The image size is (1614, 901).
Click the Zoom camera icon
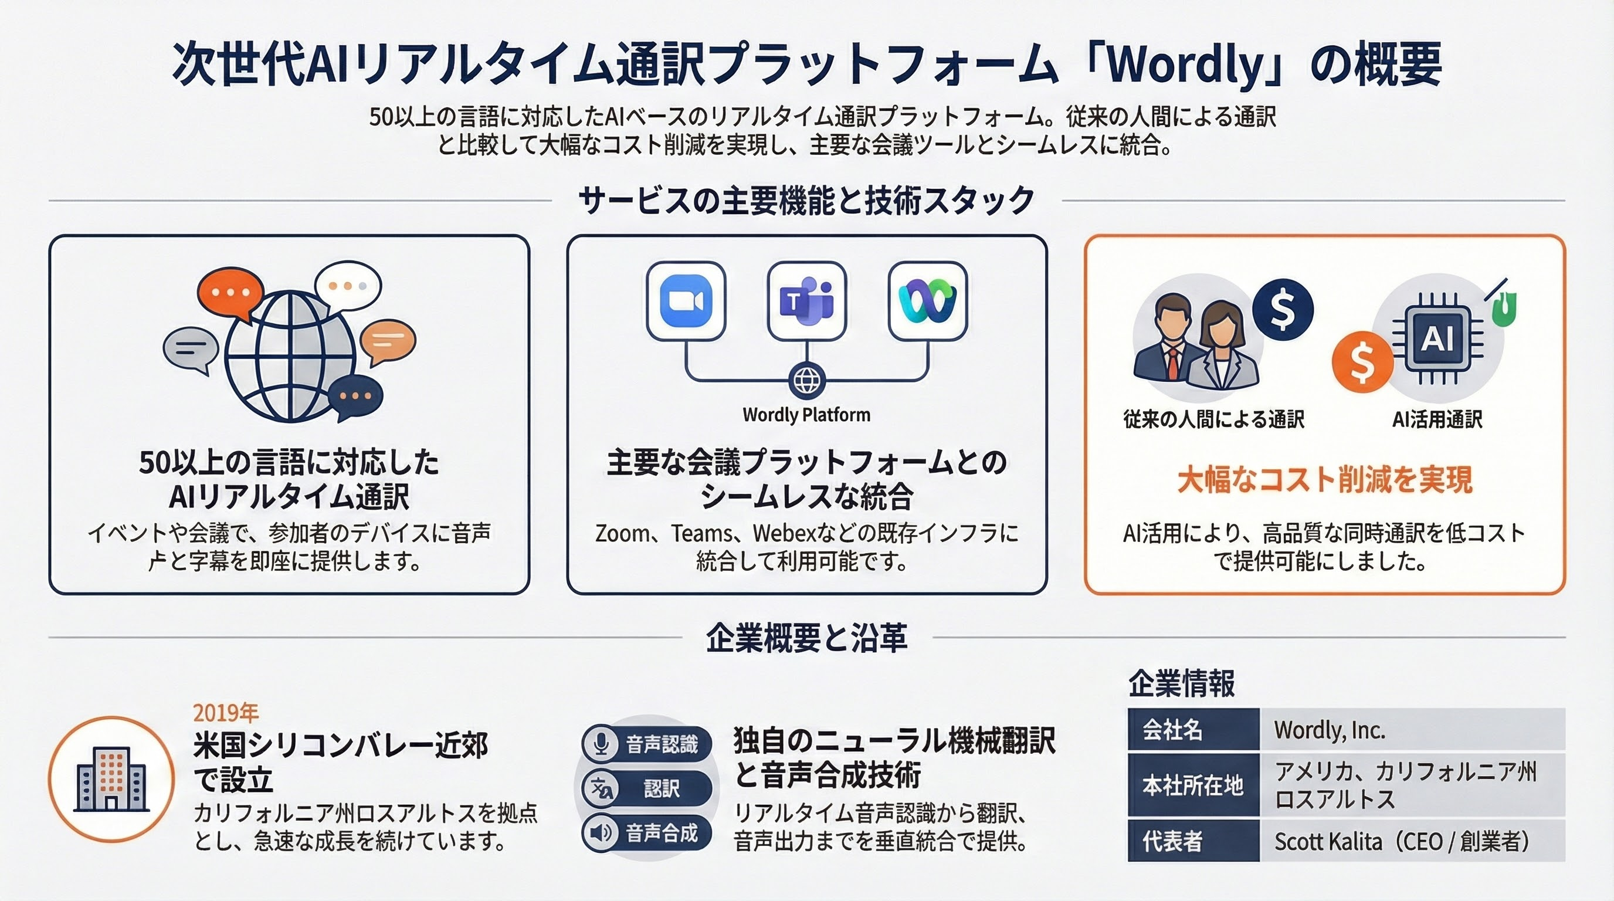click(x=686, y=302)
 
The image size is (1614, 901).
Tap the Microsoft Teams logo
click(x=807, y=302)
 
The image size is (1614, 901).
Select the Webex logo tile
click(x=928, y=302)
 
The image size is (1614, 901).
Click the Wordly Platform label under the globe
click(x=806, y=415)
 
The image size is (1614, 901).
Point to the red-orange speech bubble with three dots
click(x=229, y=295)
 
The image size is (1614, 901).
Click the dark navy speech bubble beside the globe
click(x=355, y=398)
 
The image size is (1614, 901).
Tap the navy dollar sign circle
click(x=1283, y=310)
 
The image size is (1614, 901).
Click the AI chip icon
click(x=1437, y=339)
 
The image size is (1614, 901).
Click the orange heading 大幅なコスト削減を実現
click(x=1324, y=480)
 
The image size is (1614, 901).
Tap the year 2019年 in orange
click(x=226, y=712)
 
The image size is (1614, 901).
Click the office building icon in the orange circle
click(x=111, y=779)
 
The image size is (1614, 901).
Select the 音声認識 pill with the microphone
click(x=647, y=744)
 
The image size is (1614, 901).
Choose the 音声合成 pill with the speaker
click(x=647, y=833)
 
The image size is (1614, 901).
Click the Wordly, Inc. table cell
click(x=1412, y=729)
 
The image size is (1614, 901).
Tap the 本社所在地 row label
click(x=1193, y=785)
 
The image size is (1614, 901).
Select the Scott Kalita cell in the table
click(x=1412, y=841)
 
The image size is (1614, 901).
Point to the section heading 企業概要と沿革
click(x=807, y=638)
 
